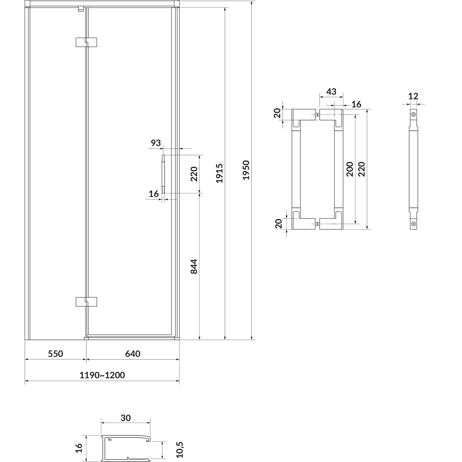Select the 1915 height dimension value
click(x=220, y=173)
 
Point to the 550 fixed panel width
click(x=55, y=353)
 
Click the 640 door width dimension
click(x=133, y=353)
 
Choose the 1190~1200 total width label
click(x=102, y=375)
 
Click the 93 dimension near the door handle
click(x=156, y=143)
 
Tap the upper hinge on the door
click(x=86, y=42)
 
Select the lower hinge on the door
click(x=86, y=302)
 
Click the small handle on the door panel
click(x=163, y=174)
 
